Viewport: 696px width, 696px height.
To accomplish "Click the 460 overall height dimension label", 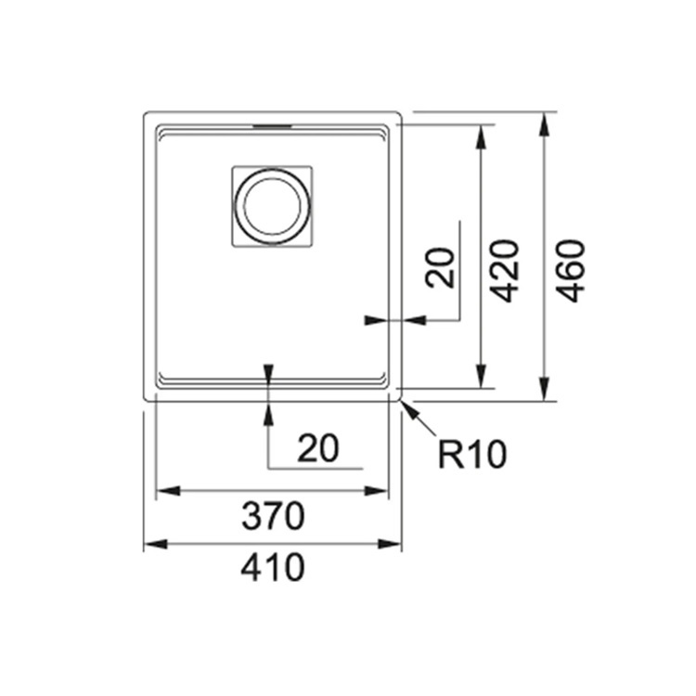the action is point(571,271).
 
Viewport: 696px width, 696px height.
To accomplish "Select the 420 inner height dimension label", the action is point(504,271).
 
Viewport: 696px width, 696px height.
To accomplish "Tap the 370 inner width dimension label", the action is point(273,516).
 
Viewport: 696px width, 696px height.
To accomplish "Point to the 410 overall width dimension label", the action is point(273,567).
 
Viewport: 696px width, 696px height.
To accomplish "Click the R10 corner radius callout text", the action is point(471,454).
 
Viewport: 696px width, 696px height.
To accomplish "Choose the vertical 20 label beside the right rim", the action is point(440,267).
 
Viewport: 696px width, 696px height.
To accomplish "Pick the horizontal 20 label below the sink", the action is point(318,448).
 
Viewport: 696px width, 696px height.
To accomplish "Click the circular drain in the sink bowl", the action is point(272,206).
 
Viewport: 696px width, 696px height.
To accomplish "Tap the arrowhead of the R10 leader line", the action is point(409,408).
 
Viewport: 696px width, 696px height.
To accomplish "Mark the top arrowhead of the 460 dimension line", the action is point(545,123).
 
